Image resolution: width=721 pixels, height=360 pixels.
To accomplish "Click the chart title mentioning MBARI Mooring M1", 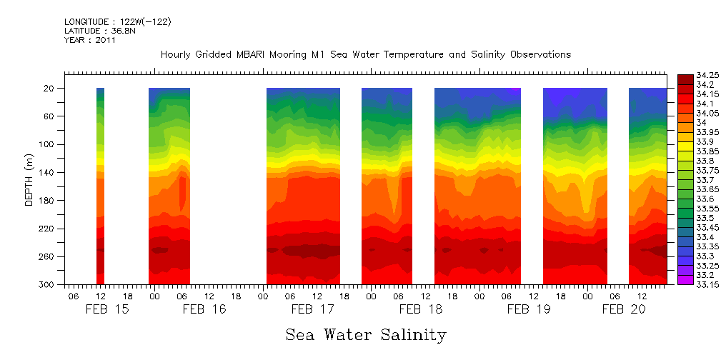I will tap(365, 54).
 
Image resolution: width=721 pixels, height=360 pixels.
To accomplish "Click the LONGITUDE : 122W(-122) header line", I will tap(117, 22).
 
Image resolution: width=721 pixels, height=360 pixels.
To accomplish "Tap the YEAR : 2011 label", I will tap(89, 40).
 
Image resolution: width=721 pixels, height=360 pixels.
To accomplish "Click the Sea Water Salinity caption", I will tap(366, 334).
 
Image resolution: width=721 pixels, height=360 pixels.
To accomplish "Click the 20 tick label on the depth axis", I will tap(49, 89).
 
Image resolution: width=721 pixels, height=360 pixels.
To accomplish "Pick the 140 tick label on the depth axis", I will tap(46, 172).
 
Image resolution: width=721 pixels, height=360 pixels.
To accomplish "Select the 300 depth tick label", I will tap(46, 284).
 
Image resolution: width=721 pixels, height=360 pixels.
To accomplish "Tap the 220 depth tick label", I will tap(46, 229).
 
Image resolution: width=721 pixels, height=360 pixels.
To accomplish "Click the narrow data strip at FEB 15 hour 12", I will tap(100, 186).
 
